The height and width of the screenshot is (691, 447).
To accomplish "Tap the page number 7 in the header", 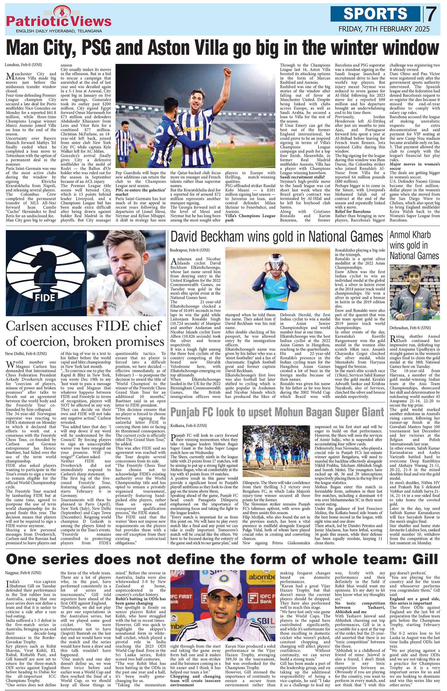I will click(x=431, y=14).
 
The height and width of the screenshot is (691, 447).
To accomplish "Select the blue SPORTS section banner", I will click(x=376, y=14).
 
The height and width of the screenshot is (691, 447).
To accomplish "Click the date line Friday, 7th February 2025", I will click(x=384, y=29).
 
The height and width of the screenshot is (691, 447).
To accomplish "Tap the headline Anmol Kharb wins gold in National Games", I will click(x=414, y=246).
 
